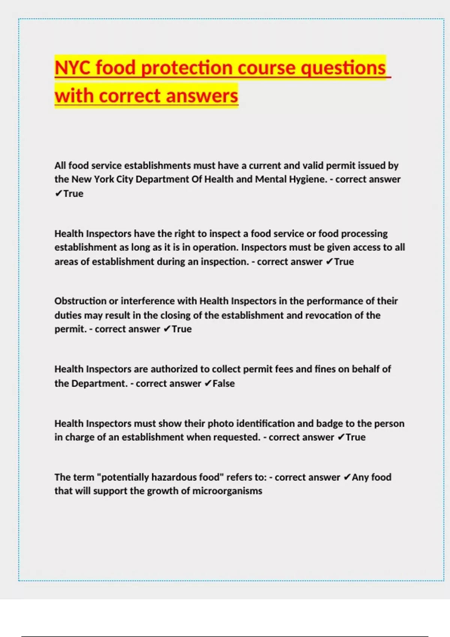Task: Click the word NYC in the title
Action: [73, 68]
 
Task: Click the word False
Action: [223, 383]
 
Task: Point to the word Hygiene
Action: [308, 179]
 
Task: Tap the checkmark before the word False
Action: [208, 383]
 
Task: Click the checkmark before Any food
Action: [347, 477]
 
